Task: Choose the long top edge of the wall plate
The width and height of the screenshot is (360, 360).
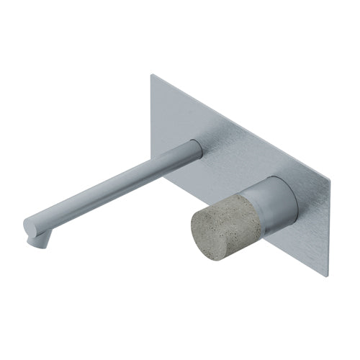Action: point(241,125)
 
